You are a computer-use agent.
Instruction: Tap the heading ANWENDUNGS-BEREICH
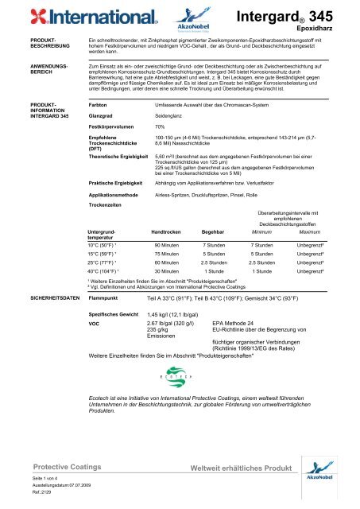coord(27,73)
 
